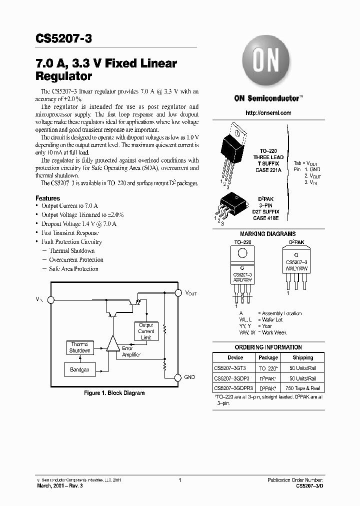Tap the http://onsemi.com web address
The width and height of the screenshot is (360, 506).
[268, 113]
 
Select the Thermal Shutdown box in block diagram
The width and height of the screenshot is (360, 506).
[79, 347]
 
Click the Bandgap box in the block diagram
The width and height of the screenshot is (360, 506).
[79, 370]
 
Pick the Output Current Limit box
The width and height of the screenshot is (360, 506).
[146, 331]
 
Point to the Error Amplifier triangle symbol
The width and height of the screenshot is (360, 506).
[113, 343]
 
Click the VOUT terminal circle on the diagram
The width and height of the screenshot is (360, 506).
[177, 293]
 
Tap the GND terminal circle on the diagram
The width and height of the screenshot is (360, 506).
[177, 377]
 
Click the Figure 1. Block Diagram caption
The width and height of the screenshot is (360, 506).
[114, 393]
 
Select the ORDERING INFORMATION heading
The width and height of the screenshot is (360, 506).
[268, 347]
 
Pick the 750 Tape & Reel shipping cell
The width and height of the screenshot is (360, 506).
[303, 388]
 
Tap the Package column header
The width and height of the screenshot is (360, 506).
[268, 357]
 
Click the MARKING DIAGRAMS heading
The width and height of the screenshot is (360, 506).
[268, 234]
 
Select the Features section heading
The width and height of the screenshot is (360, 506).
[48, 198]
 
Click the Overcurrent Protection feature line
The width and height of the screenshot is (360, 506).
[76, 260]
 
